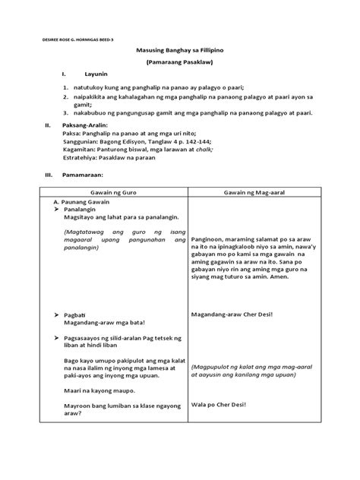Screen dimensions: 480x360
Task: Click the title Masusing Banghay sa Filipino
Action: tap(179, 49)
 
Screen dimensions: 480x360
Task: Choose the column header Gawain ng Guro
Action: tap(111, 193)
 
